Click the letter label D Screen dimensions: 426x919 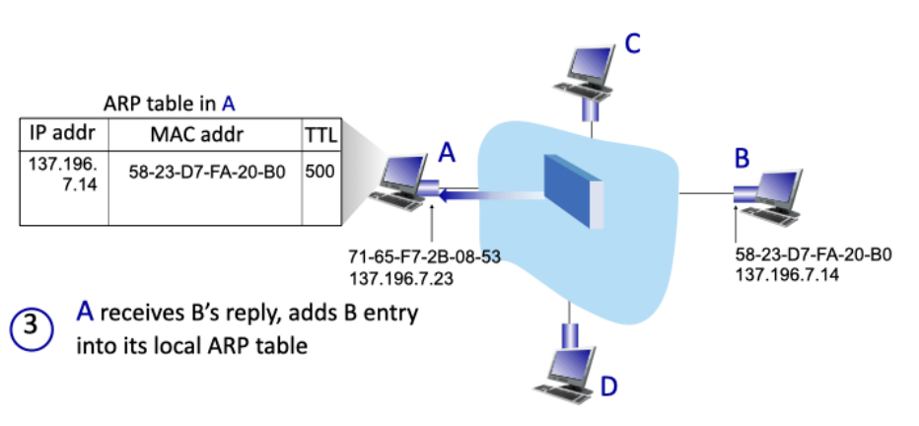(608, 386)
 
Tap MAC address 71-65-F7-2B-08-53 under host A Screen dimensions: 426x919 (425, 257)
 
